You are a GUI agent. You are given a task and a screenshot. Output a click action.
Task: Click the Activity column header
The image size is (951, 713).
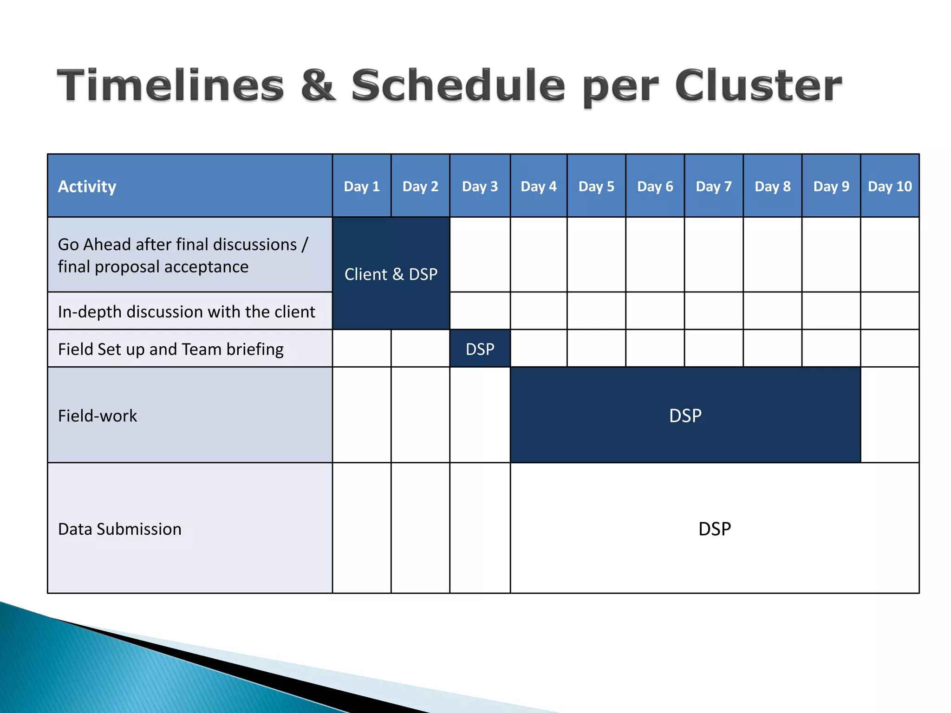tap(87, 187)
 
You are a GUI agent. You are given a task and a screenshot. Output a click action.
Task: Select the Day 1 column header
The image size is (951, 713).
tap(362, 187)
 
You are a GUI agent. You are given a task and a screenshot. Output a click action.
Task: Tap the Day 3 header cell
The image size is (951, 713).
tap(480, 187)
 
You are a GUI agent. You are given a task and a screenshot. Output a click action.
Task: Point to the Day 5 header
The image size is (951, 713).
tap(596, 187)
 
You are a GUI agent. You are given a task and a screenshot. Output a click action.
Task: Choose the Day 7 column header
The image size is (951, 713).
tap(714, 187)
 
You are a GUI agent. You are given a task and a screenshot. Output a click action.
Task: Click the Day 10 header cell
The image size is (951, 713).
tap(890, 187)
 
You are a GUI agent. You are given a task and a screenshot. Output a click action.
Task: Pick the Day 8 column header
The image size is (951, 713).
tap(773, 187)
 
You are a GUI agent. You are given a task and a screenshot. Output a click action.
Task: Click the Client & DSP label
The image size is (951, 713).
tap(391, 274)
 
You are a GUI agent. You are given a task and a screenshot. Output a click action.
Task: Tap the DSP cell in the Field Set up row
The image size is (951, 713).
tap(480, 349)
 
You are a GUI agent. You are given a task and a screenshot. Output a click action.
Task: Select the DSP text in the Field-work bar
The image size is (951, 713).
tap(685, 415)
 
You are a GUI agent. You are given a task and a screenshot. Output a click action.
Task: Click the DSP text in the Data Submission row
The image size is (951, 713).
tap(715, 529)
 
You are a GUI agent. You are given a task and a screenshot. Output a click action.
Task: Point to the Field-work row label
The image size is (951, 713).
tap(98, 416)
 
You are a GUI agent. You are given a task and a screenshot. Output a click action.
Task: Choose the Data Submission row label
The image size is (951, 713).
tap(120, 529)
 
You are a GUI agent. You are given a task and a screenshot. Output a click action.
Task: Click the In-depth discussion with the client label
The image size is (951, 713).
tap(187, 311)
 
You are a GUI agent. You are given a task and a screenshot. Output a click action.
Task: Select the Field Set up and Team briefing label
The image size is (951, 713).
tap(171, 349)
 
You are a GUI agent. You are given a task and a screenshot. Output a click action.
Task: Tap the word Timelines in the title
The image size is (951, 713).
tap(170, 85)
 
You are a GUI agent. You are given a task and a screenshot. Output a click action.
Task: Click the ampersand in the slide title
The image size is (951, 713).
tap(318, 85)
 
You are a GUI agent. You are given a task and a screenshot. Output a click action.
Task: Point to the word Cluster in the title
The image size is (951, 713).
tap(758, 85)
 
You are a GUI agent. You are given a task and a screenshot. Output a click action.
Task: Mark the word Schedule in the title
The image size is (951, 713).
tap(458, 85)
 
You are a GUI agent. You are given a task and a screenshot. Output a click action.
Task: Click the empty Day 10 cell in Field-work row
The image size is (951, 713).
tap(890, 415)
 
